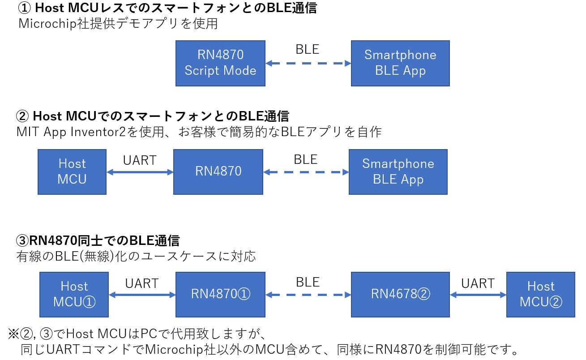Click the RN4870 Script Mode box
coord(220,63)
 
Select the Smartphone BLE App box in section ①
coord(400,63)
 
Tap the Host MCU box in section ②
coord(72,172)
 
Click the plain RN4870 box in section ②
coord(218,172)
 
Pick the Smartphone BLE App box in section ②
coord(398,172)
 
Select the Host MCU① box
coord(74,295)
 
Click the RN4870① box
coord(220,295)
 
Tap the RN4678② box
coord(400,295)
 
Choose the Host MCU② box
coord(541,295)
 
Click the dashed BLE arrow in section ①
coord(308,63)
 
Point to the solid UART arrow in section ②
coord(140,172)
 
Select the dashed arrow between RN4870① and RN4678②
coord(308,295)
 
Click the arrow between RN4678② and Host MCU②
coord(478,295)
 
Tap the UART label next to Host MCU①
coord(142,283)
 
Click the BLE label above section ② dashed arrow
coord(306,159)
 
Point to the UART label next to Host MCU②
coord(478,283)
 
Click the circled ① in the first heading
coord(24,8)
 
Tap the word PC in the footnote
coord(149,334)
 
